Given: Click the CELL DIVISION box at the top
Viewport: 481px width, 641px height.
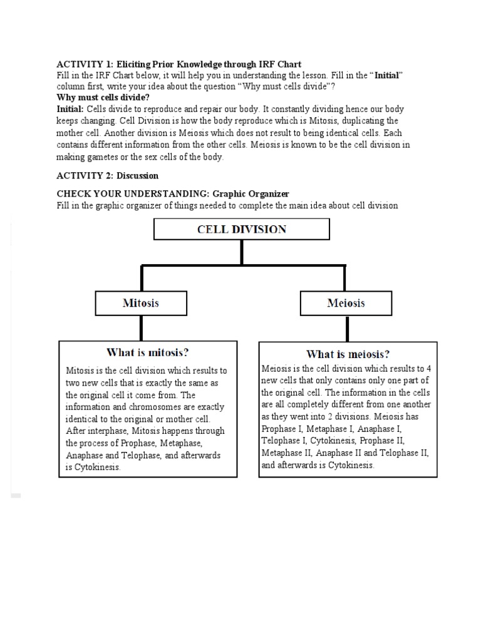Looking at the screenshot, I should point(242,229).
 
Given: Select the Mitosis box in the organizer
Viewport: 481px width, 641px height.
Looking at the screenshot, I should point(140,304).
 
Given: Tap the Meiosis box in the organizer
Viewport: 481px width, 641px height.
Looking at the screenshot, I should point(346,304).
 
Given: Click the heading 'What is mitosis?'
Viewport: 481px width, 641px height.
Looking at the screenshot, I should point(148,352).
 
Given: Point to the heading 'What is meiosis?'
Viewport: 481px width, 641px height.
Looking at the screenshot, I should point(348,354).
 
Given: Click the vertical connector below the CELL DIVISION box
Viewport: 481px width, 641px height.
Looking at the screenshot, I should point(242,252).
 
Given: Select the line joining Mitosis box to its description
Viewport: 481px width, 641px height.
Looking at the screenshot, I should point(141,327).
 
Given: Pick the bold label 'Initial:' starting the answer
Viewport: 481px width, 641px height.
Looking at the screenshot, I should point(71,109).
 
